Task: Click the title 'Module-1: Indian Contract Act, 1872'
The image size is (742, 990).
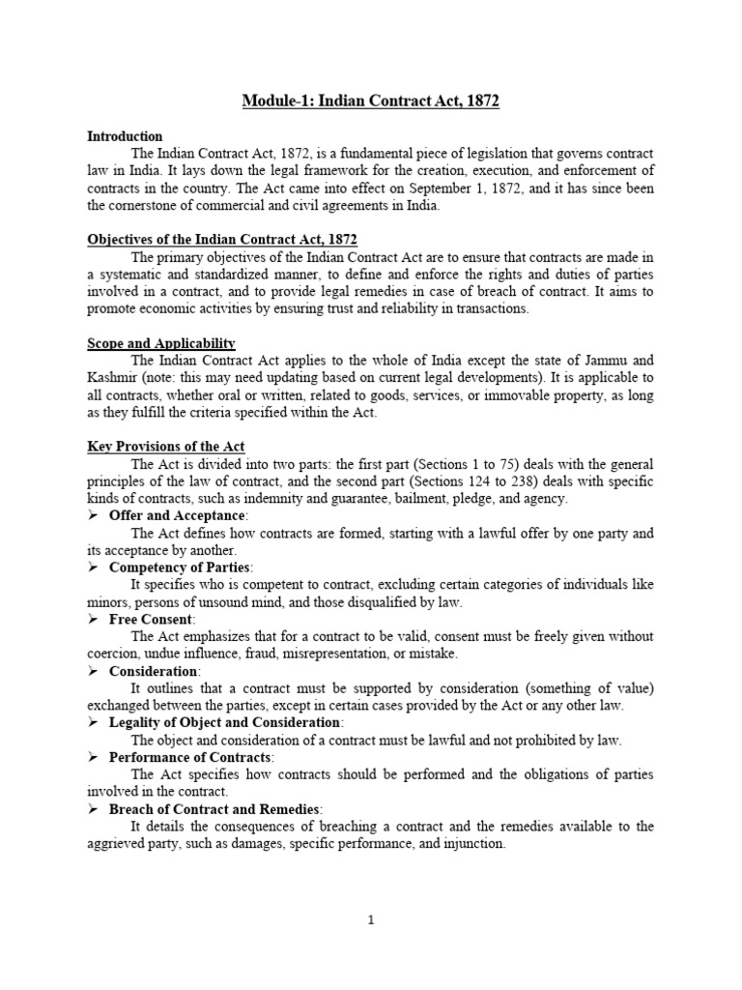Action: pyautogui.click(x=371, y=102)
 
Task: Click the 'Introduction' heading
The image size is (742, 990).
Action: pyautogui.click(x=125, y=136)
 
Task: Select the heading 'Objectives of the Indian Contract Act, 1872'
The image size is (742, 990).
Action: pyautogui.click(x=222, y=240)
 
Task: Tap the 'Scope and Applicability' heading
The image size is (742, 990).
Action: pyautogui.click(x=161, y=343)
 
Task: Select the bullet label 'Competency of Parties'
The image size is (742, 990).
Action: pyautogui.click(x=181, y=568)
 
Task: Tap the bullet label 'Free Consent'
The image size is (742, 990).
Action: pyautogui.click(x=152, y=619)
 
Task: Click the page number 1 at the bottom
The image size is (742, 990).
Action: pyautogui.click(x=371, y=920)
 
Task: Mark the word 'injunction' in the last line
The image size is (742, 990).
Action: pyautogui.click(x=471, y=843)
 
